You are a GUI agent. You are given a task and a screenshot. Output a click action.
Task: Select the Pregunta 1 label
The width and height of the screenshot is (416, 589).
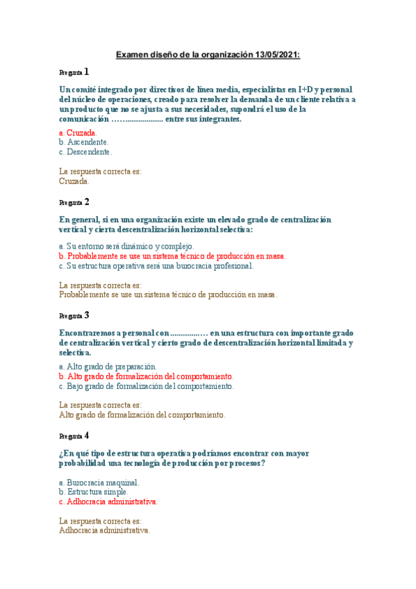pos(74,72)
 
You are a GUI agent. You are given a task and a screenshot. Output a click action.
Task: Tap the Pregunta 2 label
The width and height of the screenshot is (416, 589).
pos(74,202)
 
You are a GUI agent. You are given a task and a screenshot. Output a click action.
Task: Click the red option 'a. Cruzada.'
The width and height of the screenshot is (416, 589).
pos(78,132)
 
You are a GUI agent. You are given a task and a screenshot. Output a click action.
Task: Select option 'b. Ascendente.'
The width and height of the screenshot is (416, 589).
pos(84,142)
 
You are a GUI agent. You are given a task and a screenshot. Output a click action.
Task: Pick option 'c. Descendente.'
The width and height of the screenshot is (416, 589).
pos(85,151)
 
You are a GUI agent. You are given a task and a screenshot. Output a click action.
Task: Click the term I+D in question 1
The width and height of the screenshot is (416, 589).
pos(305,90)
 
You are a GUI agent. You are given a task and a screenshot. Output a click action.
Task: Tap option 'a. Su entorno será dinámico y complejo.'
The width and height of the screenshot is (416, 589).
pos(126,246)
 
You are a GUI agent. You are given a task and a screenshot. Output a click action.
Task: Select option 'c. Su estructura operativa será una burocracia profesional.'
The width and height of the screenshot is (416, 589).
pos(156,265)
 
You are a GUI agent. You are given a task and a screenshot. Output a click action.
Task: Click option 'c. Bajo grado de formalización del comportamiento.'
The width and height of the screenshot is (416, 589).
pos(147,386)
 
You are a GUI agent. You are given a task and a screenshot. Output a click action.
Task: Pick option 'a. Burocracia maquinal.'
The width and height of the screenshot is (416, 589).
pos(99,482)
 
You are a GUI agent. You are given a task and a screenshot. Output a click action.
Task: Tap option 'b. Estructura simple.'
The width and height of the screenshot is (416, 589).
pos(94,492)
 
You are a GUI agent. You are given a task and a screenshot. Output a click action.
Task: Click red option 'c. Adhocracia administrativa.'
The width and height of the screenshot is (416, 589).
pos(108,501)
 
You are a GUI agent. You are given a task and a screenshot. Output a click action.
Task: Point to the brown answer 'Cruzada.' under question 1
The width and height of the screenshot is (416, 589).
pos(74,181)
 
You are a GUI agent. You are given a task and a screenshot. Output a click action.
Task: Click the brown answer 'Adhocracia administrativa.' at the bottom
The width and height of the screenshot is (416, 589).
pos(105,530)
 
